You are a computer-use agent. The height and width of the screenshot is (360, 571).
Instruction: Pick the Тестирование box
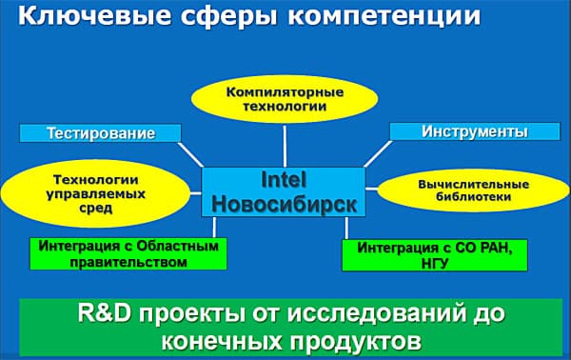tap(101, 131)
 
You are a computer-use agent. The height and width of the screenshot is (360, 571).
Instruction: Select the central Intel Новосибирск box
tap(283, 190)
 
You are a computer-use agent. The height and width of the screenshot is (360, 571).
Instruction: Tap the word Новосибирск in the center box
tap(283, 203)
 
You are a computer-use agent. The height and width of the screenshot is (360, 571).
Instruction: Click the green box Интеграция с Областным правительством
tap(121, 253)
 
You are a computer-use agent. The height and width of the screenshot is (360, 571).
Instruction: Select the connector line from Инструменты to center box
tap(378, 152)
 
